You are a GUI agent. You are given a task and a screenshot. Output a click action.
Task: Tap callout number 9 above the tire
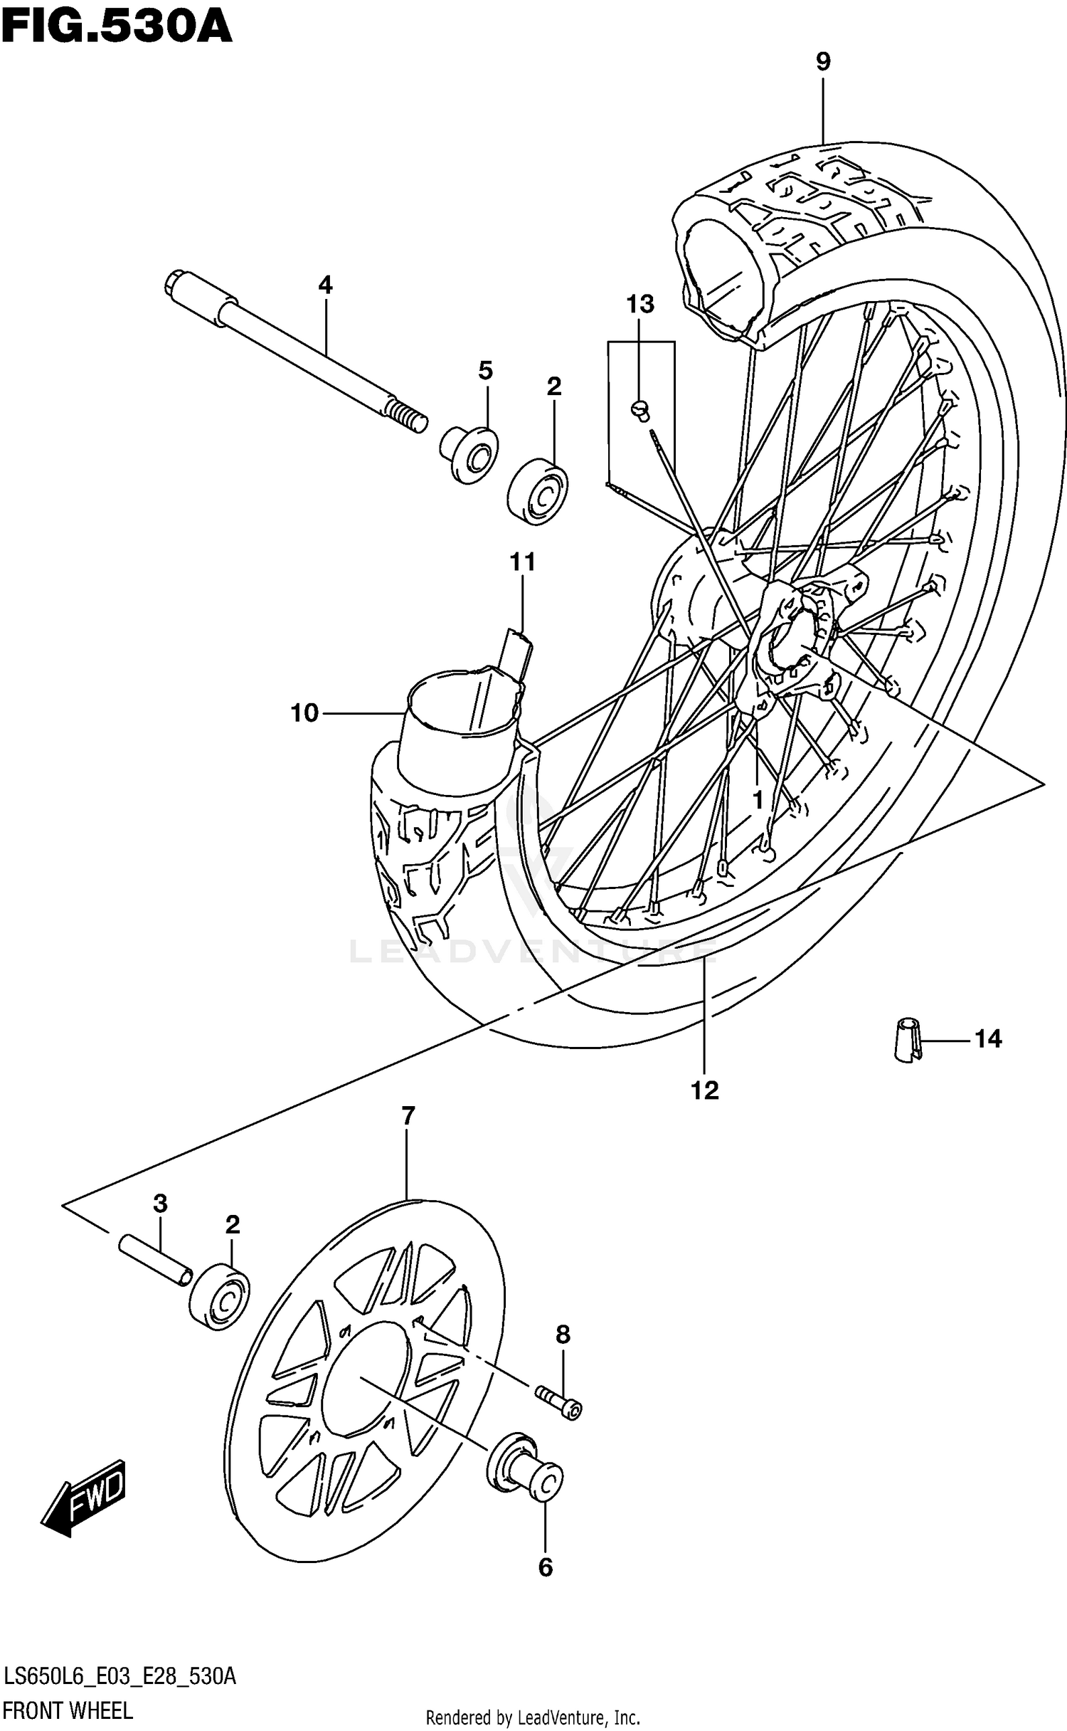click(822, 63)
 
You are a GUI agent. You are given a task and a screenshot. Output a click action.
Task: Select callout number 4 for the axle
click(325, 285)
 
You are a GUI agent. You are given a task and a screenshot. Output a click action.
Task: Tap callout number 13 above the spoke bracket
click(639, 305)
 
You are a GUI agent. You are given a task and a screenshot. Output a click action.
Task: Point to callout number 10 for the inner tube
click(304, 712)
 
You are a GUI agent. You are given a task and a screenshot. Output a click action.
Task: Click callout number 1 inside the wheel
click(758, 800)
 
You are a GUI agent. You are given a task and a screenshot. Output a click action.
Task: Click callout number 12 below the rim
click(704, 1090)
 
